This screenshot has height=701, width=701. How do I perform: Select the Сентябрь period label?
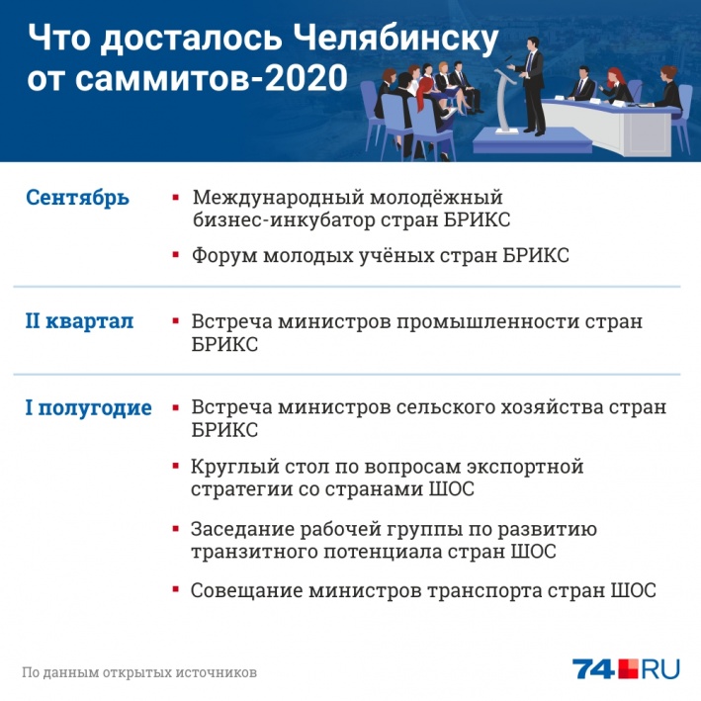point(77,198)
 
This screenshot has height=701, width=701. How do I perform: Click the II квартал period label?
point(79,321)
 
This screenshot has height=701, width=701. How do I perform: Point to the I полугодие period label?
point(89,408)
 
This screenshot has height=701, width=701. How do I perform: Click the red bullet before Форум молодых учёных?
point(176,255)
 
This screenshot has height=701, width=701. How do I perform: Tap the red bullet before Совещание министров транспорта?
point(176,589)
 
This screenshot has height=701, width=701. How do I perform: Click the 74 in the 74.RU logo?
point(593,669)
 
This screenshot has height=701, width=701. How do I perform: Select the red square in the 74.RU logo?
point(628,668)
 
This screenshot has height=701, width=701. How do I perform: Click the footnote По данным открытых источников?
point(139,672)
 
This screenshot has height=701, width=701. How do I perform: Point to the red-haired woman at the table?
point(616,86)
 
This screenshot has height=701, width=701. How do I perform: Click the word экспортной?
point(525,468)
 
